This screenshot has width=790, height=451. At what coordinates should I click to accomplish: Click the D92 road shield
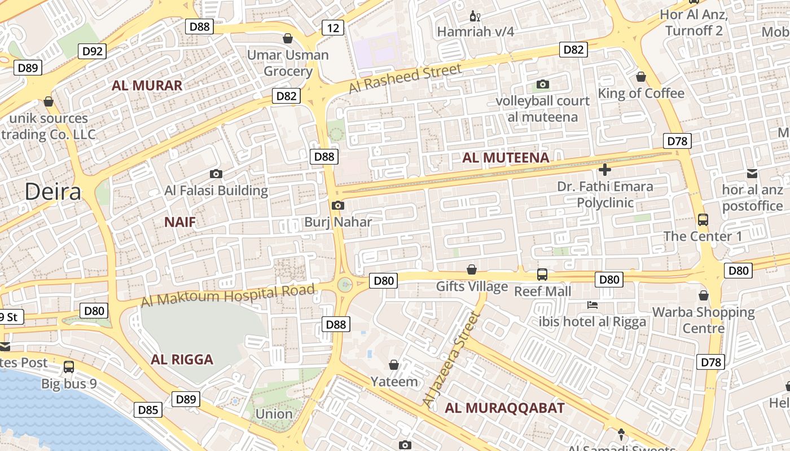(93, 52)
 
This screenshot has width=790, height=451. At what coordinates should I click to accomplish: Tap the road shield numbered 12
(333, 27)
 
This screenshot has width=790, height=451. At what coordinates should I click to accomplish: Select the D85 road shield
(148, 410)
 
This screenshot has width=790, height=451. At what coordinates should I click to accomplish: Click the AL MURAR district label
(147, 86)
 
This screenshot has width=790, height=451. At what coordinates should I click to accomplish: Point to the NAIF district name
(180, 222)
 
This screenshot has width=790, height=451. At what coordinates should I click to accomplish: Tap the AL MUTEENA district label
(506, 158)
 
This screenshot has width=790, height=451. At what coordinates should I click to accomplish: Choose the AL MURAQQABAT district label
(504, 408)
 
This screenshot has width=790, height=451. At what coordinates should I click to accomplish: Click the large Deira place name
(52, 192)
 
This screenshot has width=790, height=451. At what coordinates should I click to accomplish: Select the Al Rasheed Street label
(405, 79)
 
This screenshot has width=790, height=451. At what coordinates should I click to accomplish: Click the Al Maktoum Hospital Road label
(227, 296)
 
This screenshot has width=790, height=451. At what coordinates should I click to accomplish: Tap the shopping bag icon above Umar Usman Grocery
(288, 38)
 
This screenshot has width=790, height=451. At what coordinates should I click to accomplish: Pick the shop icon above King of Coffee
(640, 76)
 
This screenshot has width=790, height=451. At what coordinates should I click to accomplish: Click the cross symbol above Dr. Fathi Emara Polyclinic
(604, 169)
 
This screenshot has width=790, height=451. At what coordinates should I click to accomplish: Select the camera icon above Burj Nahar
(337, 205)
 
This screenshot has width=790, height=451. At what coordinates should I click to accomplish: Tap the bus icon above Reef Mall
(542, 275)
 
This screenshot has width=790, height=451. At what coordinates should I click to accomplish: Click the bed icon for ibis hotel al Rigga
(592, 305)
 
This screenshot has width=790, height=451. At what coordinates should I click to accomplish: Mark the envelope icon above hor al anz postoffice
(752, 173)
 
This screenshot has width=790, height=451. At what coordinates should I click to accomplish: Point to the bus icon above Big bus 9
(69, 367)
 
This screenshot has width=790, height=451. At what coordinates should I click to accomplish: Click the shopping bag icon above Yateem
(394, 365)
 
